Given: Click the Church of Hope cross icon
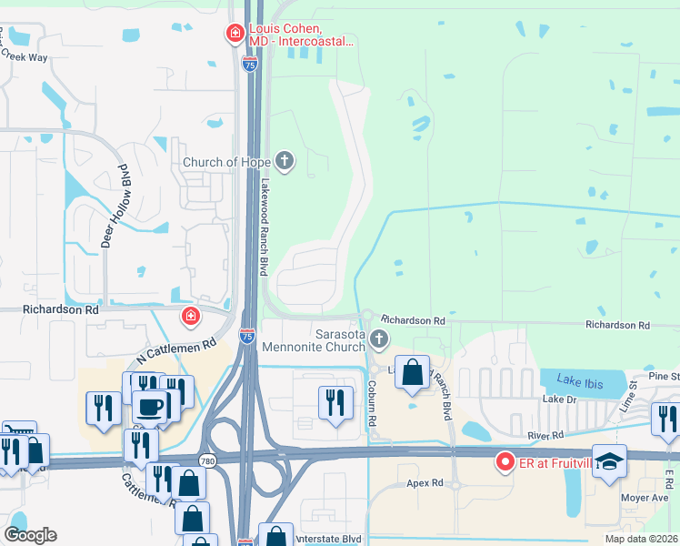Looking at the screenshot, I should (x=285, y=162).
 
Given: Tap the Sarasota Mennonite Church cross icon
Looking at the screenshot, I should (x=379, y=341).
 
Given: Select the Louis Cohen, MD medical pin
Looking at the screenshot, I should (x=235, y=35).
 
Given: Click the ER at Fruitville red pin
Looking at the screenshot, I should (x=503, y=462).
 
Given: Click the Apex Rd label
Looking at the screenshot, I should (x=424, y=483).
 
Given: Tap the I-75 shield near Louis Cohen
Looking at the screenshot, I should (x=249, y=64).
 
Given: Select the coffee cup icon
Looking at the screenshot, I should (x=151, y=406).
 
